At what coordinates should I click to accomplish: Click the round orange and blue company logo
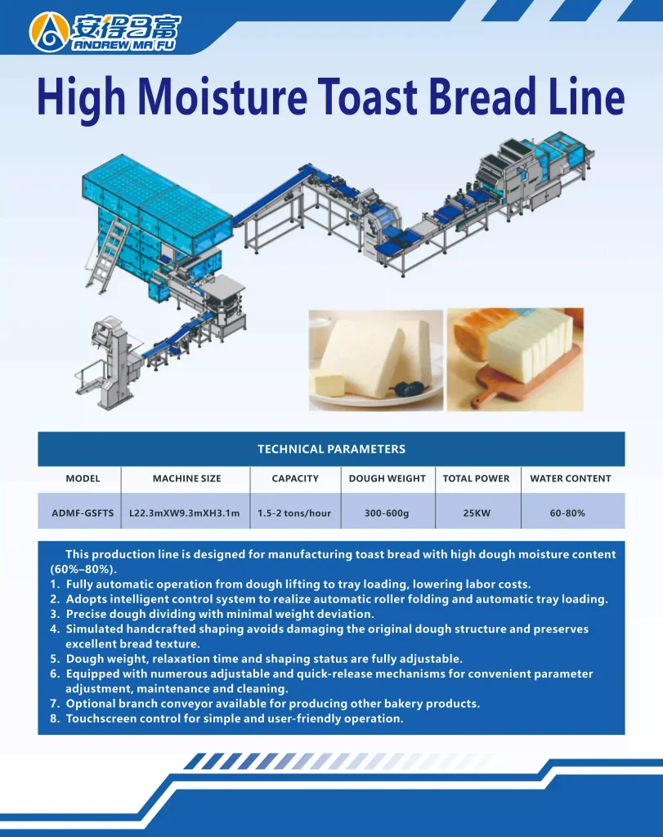click(x=49, y=32)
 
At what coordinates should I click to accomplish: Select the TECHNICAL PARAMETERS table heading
click(x=332, y=449)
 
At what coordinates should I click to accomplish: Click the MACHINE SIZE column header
click(x=187, y=478)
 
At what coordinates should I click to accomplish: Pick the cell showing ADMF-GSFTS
click(x=83, y=513)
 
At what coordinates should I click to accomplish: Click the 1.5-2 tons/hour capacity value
click(x=294, y=513)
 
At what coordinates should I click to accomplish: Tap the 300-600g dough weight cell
click(x=387, y=513)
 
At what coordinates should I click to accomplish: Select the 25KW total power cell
click(x=477, y=513)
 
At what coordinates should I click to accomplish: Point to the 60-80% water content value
click(x=567, y=513)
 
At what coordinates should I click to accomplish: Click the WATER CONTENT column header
click(x=571, y=478)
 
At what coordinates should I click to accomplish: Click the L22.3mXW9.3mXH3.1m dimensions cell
click(x=185, y=513)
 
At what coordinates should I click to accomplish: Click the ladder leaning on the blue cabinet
click(x=109, y=256)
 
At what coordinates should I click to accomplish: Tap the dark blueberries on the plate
click(x=410, y=389)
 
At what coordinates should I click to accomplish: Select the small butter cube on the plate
click(x=330, y=384)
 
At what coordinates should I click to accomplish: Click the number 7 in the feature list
click(x=54, y=704)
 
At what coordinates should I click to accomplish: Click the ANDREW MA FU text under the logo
click(x=123, y=45)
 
